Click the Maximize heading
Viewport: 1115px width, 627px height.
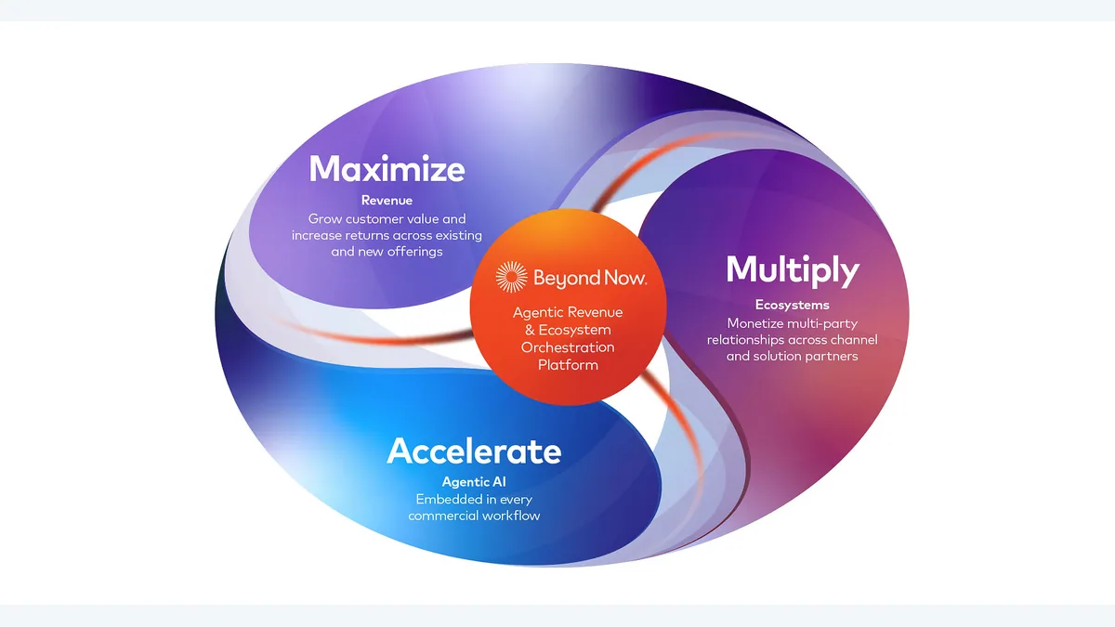[x=387, y=169]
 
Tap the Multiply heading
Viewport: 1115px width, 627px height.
[x=793, y=271]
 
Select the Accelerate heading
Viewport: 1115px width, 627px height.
[x=474, y=451]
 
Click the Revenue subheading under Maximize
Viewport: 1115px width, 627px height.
[x=387, y=201]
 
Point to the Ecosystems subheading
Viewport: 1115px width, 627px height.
[x=792, y=305]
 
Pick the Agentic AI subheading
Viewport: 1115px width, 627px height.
[x=474, y=482]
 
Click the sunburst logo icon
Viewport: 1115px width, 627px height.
[x=511, y=277]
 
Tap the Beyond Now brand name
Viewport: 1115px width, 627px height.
[x=590, y=278]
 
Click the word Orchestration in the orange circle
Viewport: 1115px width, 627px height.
[x=568, y=347]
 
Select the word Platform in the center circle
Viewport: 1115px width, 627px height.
[x=568, y=365]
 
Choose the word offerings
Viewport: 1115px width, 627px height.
[x=414, y=253]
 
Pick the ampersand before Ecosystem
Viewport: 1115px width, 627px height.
[x=530, y=330]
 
